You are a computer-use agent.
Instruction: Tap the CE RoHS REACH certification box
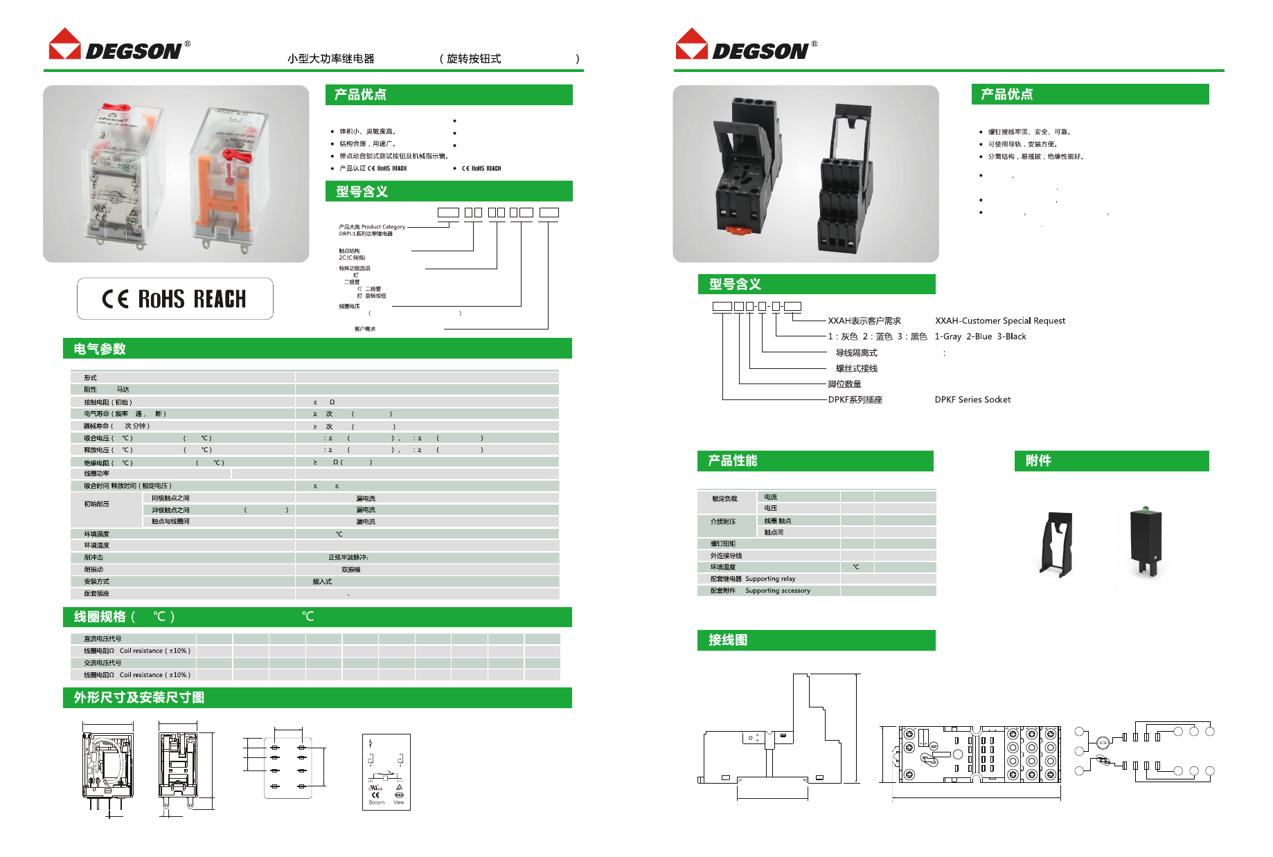click(x=175, y=298)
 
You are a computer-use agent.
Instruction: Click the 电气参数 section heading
click(x=100, y=349)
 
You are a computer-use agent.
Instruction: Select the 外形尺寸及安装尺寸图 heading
click(x=139, y=697)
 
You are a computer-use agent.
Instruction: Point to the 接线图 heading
click(x=728, y=640)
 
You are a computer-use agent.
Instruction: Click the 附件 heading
click(x=1038, y=461)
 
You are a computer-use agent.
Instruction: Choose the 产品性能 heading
click(x=732, y=461)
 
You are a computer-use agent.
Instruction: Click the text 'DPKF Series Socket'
click(x=972, y=399)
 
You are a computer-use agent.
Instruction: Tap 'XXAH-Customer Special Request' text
click(x=999, y=321)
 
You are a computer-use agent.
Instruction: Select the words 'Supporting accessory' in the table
click(x=777, y=590)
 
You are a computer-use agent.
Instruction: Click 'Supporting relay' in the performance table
click(x=770, y=579)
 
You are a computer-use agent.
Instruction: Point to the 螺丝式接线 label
click(x=856, y=368)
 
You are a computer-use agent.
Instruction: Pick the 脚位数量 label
click(x=844, y=384)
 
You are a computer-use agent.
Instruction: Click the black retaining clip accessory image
click(x=1056, y=543)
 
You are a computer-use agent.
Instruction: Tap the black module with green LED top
click(x=1146, y=540)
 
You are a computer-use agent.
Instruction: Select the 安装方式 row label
click(x=96, y=581)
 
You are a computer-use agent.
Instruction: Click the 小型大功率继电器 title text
click(x=330, y=59)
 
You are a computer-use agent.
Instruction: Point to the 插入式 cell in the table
click(x=322, y=581)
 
